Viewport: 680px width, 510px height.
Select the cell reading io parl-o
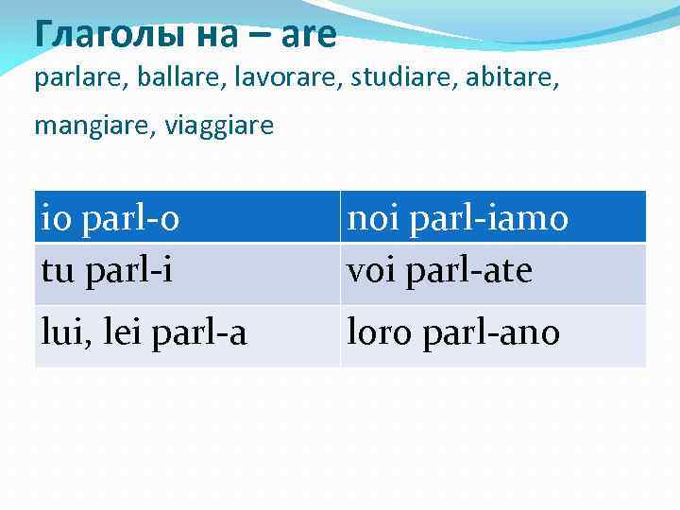point(187,218)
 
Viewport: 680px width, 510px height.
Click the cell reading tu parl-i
point(187,272)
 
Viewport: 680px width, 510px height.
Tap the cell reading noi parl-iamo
point(493,218)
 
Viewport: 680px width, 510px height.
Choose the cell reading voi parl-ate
point(493,272)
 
